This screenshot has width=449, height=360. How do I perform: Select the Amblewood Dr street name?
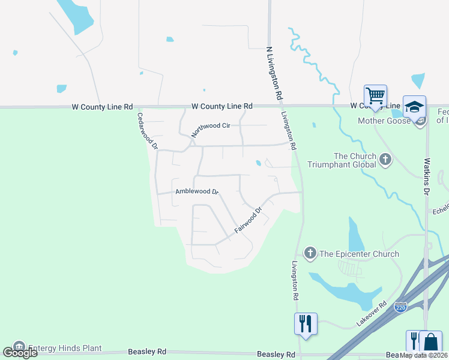point(197,192)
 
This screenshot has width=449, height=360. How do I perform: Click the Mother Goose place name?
point(384,121)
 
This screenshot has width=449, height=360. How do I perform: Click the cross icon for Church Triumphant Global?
point(385,160)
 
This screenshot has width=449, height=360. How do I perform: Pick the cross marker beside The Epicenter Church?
point(310,253)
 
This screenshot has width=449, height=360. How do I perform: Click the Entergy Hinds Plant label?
point(65,348)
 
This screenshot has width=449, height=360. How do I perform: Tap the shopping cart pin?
point(375,95)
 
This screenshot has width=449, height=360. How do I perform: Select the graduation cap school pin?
point(414,106)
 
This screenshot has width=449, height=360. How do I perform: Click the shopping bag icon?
point(430,341)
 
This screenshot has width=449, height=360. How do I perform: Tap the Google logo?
point(20,353)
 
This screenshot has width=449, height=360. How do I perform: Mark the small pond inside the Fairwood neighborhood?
point(258,163)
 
